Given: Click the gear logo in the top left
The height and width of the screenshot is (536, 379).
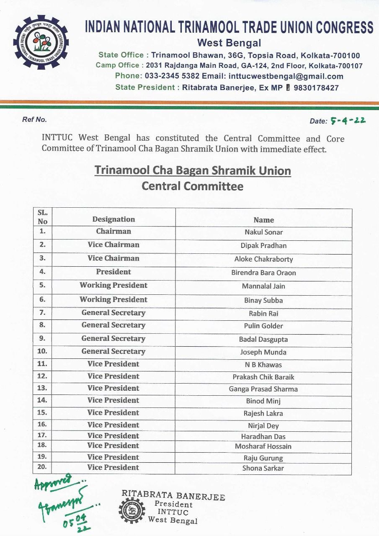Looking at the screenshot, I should [x=41, y=42].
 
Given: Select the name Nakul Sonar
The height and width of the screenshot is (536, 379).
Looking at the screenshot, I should [x=263, y=232].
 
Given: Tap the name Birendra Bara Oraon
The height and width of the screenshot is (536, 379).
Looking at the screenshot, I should [x=263, y=273].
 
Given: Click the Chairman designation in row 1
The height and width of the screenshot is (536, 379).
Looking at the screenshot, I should [x=113, y=231].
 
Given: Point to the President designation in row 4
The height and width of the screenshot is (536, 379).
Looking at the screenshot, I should [x=113, y=272].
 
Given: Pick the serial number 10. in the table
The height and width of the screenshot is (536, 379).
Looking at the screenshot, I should [x=42, y=351].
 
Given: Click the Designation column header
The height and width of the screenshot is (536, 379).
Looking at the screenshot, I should [x=113, y=219].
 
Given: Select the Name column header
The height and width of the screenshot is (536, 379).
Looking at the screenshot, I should [x=263, y=220].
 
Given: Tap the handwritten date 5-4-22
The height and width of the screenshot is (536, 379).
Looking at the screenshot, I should [x=348, y=121].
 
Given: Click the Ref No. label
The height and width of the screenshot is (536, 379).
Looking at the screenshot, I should [x=34, y=119].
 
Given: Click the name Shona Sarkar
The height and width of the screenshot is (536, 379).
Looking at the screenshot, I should [x=263, y=468].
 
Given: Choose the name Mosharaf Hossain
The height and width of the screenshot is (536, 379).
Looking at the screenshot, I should [x=263, y=446].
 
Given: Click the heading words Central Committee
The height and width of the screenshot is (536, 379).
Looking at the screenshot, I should [x=192, y=186].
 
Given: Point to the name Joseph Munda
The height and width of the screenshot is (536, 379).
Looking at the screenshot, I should [x=263, y=352].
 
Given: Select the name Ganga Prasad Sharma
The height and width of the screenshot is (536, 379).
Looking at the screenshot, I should [x=263, y=389].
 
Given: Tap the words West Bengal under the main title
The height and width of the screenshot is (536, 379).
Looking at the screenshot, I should [x=229, y=43].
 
